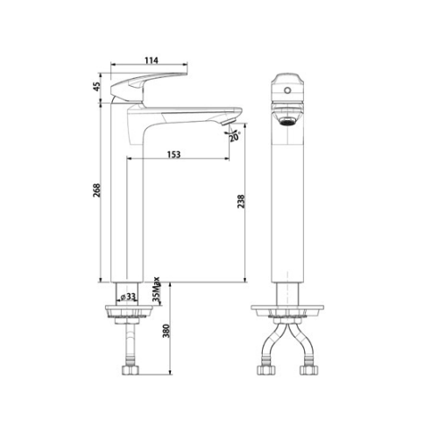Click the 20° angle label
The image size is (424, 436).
click(234, 137)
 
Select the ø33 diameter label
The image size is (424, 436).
click(130, 297)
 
